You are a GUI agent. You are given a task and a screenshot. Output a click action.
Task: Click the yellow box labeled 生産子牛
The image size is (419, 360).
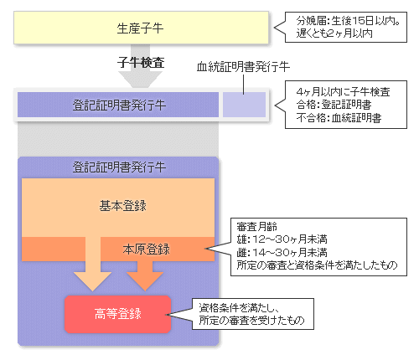141,28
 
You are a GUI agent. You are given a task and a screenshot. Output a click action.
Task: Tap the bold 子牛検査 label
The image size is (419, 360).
141,62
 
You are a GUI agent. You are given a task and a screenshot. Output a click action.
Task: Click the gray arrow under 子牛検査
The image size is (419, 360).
140,66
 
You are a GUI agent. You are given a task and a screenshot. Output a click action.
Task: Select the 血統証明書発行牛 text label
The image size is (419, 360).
243,67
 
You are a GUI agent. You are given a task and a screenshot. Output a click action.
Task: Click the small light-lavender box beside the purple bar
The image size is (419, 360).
244,105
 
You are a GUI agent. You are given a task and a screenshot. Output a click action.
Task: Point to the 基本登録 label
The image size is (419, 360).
123,206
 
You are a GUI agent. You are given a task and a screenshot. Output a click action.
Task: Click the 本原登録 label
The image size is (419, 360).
146,249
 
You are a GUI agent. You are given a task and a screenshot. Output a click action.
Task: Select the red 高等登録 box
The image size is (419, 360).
117,314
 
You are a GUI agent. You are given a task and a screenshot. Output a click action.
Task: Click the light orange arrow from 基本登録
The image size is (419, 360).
93,264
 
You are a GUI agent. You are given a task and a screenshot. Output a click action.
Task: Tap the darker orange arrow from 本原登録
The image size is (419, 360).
145,275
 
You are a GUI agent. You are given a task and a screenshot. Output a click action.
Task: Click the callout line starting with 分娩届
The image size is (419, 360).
348,21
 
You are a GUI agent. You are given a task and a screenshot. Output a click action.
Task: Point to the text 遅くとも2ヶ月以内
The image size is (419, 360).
334,33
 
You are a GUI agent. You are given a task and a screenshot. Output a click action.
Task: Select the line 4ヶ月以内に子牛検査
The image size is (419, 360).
343,91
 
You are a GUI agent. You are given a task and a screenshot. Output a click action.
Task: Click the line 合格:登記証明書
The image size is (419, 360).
334,105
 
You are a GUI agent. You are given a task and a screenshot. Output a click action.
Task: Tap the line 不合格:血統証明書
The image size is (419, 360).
339,118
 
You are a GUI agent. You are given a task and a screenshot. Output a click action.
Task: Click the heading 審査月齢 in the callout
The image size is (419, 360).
256,227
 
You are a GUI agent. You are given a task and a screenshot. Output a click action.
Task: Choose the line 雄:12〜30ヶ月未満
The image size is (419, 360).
282,239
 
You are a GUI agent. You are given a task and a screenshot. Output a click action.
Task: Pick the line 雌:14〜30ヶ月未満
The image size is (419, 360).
282,253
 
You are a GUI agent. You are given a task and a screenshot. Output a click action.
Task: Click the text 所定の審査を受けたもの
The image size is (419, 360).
251,320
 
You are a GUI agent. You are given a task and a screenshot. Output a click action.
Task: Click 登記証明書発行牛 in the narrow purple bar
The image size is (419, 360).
119,105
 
